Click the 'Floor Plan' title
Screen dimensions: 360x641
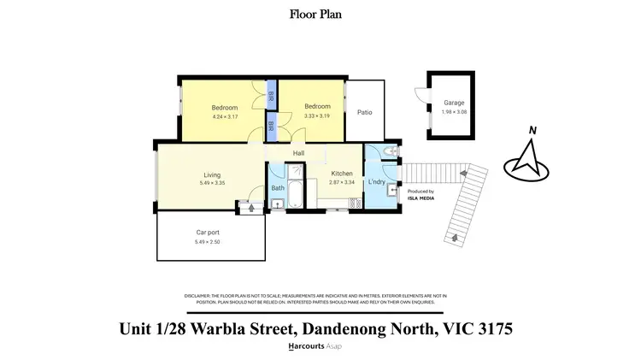320,14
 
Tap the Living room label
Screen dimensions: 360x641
212,175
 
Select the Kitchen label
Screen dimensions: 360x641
342,174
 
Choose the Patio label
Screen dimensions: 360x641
364,112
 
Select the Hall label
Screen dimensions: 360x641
299,154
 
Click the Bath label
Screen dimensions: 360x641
278,187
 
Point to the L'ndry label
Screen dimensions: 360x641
376,183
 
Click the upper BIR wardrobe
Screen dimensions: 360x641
271,94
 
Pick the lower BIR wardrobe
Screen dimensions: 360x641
271,127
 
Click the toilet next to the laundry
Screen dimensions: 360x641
389,152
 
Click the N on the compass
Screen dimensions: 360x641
532,131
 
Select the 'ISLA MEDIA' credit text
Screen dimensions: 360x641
420,198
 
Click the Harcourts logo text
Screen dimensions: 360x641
308,347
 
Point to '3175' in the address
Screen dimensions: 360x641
492,328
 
